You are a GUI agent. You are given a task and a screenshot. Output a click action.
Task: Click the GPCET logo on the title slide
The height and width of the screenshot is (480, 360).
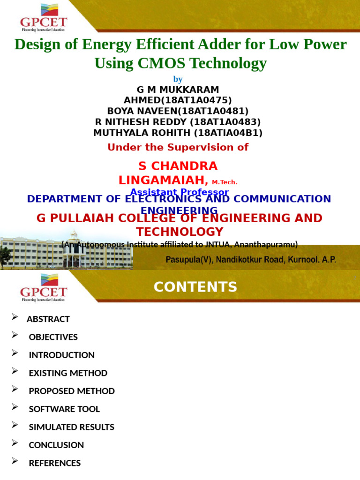[x=43, y=16]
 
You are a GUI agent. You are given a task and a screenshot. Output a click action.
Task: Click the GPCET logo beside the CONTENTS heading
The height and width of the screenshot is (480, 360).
[x=43, y=287]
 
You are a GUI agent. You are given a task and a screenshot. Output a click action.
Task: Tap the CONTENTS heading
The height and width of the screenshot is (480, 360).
[x=195, y=287]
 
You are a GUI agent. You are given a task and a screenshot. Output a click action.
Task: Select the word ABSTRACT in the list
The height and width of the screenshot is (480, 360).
[x=48, y=319]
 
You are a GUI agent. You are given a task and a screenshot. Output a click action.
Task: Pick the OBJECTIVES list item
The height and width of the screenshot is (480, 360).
[x=53, y=337]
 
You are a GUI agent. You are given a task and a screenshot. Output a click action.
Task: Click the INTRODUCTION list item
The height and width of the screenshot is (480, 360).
[x=62, y=355]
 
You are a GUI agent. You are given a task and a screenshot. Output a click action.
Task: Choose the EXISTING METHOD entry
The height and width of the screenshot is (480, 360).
[x=68, y=373]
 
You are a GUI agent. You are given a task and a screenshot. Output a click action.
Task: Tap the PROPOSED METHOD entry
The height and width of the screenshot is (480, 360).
[x=72, y=391]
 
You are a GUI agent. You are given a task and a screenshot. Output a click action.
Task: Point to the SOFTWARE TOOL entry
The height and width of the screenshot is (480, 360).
[x=64, y=409]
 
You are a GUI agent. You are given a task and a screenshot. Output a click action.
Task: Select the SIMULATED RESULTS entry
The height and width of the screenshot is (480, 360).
[x=72, y=427]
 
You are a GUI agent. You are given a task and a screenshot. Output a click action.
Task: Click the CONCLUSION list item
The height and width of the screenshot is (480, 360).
[x=56, y=445]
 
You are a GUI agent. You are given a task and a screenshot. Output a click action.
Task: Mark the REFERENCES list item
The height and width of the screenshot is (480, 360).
[x=55, y=463]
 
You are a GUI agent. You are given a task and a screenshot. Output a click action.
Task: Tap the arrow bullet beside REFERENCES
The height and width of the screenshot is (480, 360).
[x=15, y=461]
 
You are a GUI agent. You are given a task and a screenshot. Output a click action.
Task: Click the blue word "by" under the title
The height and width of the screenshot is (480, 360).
[x=178, y=79]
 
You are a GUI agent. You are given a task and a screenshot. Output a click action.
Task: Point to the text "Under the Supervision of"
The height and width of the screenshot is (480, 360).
[x=178, y=147]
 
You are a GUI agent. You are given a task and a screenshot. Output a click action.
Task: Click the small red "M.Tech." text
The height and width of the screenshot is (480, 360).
[x=225, y=182]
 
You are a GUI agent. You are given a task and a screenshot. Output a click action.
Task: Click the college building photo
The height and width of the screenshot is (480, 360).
[x=66, y=251]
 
